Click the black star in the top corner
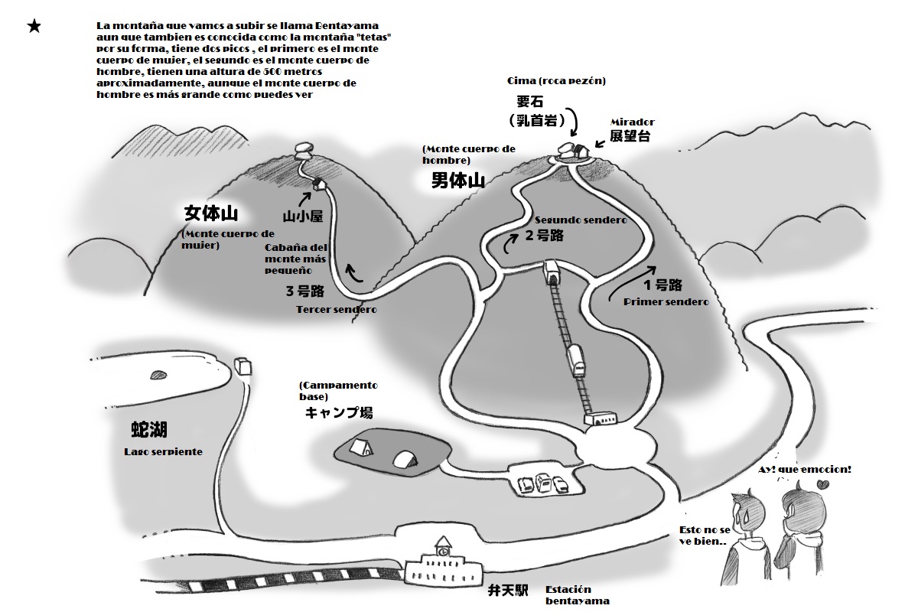point(34,27)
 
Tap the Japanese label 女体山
point(210,213)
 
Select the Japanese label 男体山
point(458,181)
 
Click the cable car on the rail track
point(576,360)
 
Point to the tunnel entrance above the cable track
point(552,273)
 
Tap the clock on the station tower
point(443,552)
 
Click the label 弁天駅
point(508,591)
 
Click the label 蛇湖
point(149,430)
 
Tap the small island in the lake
point(158,375)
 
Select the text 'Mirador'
point(633,122)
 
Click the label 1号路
point(662,285)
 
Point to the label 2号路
point(544,236)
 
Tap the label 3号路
point(305,291)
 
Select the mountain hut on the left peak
point(319,184)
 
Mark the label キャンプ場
point(339,412)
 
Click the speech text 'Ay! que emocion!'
point(805,470)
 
